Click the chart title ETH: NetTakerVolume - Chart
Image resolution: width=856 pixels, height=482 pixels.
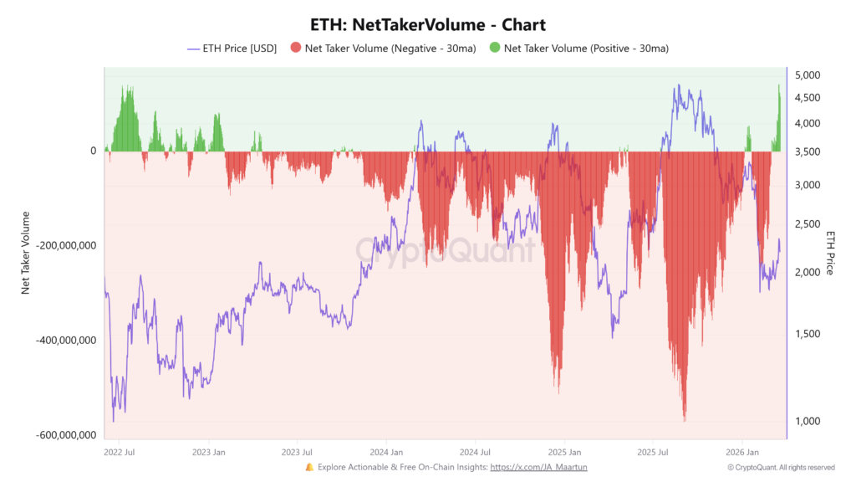click(427, 25)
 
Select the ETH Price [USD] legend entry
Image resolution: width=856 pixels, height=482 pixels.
click(232, 49)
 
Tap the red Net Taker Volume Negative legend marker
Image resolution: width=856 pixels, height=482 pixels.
click(295, 49)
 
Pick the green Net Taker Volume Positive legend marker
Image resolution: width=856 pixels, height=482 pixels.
click(494, 49)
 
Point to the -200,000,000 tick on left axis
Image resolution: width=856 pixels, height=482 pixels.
click(63, 246)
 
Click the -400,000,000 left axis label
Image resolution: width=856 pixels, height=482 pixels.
click(63, 341)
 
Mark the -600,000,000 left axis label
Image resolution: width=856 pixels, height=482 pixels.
click(63, 436)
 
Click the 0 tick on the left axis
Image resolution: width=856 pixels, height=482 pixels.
click(94, 151)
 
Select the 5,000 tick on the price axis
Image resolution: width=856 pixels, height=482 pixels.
click(808, 75)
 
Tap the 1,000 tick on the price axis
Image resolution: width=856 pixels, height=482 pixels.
click(808, 421)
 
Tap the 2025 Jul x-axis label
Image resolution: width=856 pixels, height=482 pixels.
click(653, 452)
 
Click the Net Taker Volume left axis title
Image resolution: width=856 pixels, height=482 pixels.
click(26, 252)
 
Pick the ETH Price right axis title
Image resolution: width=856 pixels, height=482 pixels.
click(830, 252)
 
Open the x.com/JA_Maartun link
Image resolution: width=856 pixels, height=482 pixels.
click(538, 467)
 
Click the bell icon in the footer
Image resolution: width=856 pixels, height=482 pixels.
click(309, 467)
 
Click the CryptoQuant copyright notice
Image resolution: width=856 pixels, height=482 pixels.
click(781, 467)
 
